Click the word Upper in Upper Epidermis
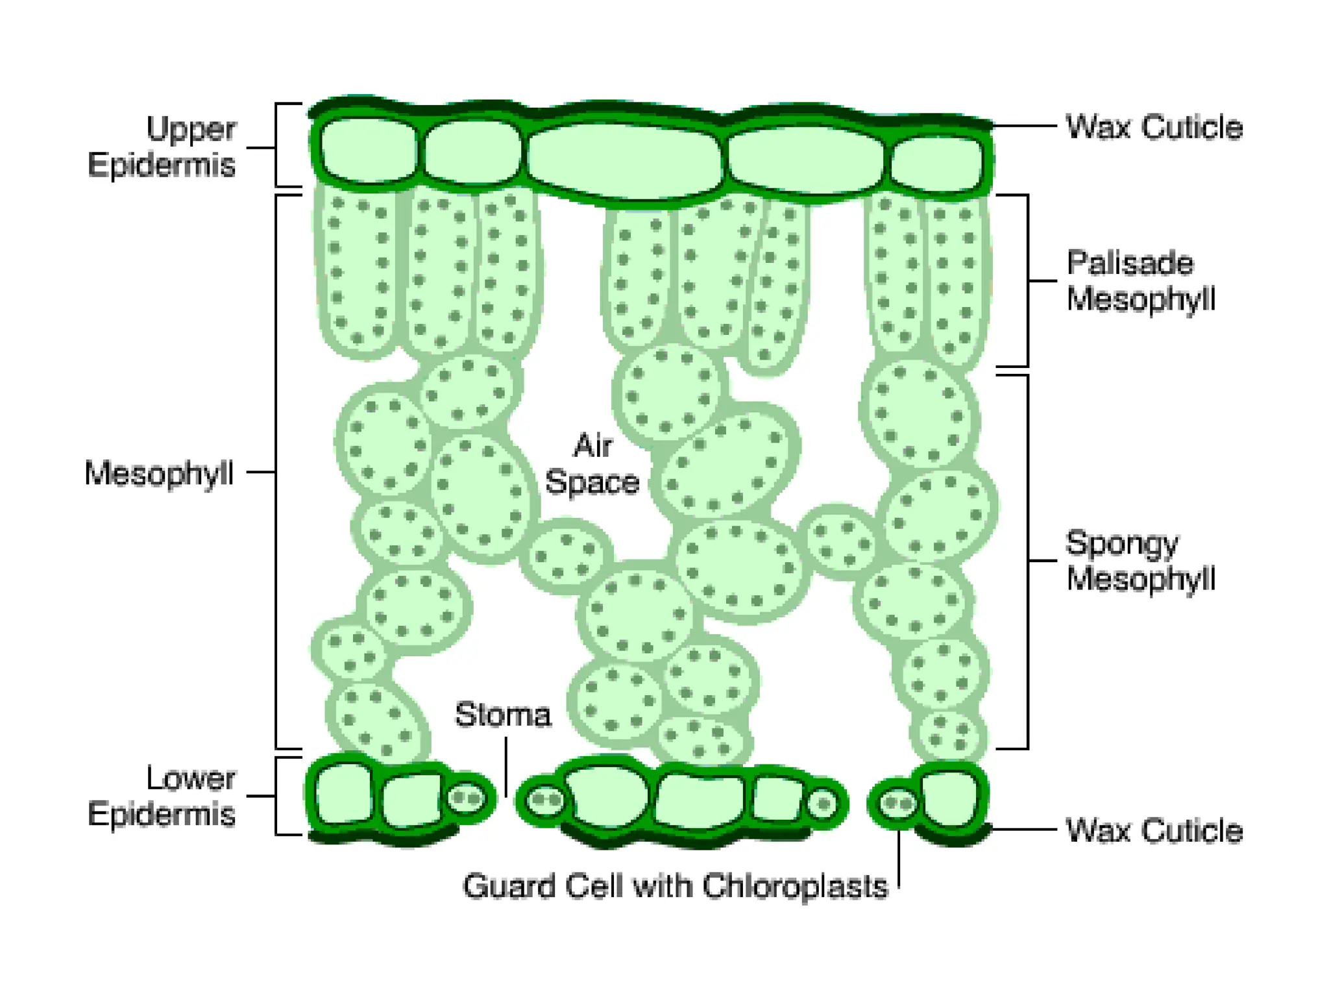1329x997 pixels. click(x=191, y=129)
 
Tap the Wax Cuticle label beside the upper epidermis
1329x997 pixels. click(x=1154, y=127)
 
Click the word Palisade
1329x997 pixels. click(x=1130, y=263)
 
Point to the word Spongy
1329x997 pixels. click(x=1122, y=543)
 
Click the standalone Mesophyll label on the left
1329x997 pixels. click(x=159, y=473)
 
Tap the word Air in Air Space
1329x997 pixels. click(x=592, y=446)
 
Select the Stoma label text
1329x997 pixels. click(x=503, y=715)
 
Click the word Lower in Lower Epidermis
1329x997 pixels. click(x=191, y=778)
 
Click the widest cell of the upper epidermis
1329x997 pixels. click(x=624, y=161)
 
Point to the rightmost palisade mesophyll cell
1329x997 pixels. click(x=957, y=279)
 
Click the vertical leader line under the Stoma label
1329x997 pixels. click(x=506, y=766)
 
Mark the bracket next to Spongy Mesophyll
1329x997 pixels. click(x=1027, y=560)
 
